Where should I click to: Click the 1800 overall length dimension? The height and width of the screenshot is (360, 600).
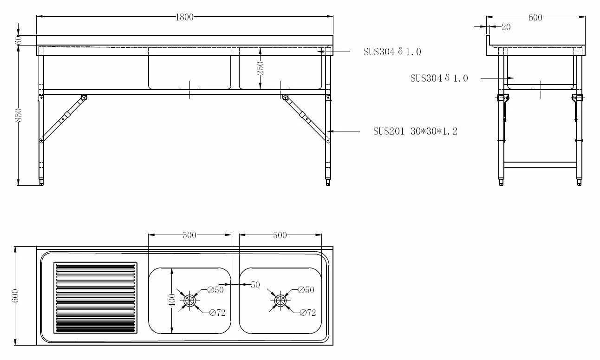point(184,17)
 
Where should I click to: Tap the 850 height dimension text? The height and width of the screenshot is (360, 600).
point(19,115)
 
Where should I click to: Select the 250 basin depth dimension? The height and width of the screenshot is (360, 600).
point(261,68)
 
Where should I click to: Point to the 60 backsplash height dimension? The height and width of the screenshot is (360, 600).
point(19,40)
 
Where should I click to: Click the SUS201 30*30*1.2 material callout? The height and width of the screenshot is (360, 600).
point(415,131)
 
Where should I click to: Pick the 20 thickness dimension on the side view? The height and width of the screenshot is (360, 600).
point(506,27)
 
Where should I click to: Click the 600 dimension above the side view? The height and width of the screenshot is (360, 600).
point(535,18)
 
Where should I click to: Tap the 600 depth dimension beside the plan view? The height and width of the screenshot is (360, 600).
point(15,296)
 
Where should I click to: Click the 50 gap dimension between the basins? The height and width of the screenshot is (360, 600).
point(255,285)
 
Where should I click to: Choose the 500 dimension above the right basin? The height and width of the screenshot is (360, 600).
point(280,235)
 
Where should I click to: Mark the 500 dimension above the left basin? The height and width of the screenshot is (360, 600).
point(189,235)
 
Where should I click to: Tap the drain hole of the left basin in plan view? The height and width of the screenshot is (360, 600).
point(189,301)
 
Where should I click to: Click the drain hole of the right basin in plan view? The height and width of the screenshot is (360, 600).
point(280,301)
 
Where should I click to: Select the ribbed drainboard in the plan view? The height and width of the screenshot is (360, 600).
point(96,298)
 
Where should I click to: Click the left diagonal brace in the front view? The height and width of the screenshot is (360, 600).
point(63,118)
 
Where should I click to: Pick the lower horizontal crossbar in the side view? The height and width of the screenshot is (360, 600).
point(540,164)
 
